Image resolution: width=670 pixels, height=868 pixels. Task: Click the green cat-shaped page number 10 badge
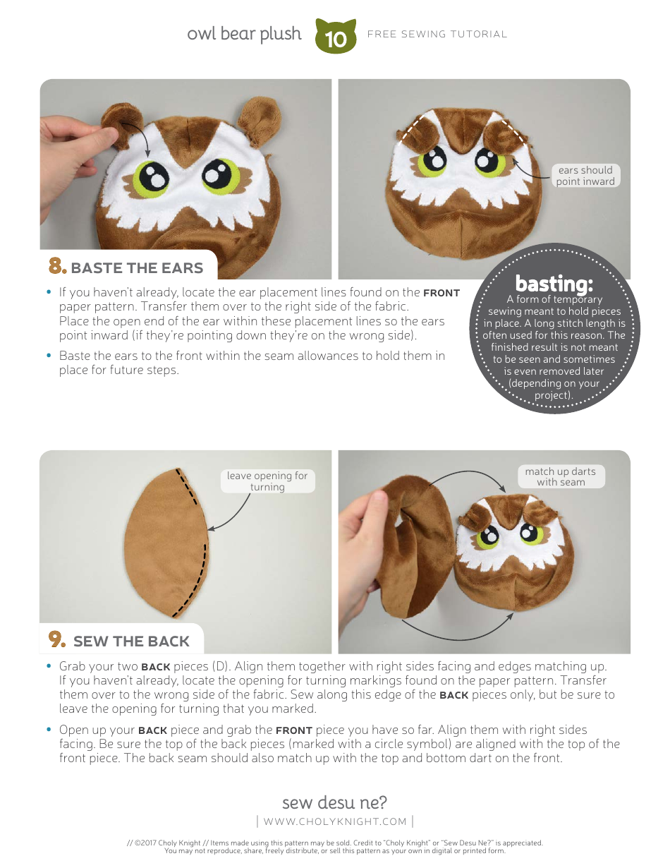click(336, 37)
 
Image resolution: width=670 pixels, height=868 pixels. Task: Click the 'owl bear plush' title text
click(244, 34)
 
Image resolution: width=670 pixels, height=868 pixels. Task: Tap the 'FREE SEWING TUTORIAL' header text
click(437, 34)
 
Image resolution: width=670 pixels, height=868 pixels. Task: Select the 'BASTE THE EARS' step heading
click(137, 268)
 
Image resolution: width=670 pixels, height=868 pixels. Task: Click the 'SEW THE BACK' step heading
click(131, 641)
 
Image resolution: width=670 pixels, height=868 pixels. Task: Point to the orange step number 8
click(57, 267)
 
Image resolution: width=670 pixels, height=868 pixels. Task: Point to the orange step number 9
click(57, 640)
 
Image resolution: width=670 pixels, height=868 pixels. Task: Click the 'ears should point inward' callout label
click(585, 176)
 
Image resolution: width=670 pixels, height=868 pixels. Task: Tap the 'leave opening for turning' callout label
click(267, 481)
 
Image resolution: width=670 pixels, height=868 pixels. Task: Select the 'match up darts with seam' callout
click(561, 477)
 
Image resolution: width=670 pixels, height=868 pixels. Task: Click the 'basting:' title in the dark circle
click(554, 284)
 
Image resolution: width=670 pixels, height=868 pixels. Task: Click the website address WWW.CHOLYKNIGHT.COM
click(335, 821)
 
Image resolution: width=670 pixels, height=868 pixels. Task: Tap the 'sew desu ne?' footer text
click(334, 802)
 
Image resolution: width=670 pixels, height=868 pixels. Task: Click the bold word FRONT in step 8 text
click(441, 293)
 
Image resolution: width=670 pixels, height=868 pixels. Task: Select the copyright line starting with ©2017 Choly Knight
click(335, 843)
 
